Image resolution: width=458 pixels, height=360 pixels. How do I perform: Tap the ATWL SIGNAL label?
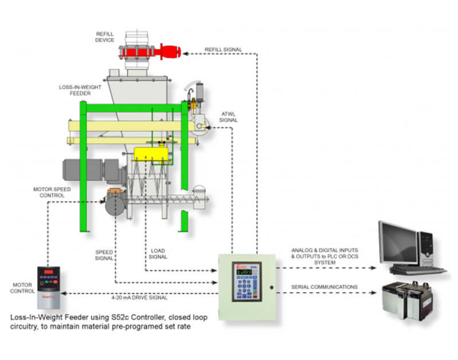(227, 116)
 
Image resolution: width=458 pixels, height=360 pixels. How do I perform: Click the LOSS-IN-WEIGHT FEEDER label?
(76, 90)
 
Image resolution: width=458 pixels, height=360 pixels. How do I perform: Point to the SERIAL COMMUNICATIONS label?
(325, 287)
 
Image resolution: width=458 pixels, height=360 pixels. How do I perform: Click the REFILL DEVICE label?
(105, 37)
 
